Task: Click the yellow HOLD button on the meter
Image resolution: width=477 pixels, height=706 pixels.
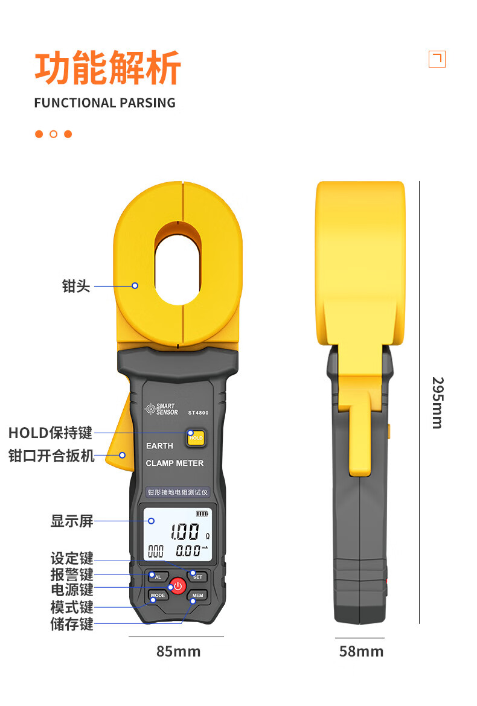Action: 196,437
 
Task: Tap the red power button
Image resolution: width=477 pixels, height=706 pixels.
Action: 178,586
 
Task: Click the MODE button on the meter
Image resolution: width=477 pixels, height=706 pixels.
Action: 158,596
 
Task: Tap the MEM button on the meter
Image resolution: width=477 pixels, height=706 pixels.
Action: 197,596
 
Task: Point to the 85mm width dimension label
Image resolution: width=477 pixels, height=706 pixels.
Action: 178,651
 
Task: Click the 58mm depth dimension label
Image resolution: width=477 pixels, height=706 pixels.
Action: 361,651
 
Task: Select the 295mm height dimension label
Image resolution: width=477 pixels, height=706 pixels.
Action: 438,402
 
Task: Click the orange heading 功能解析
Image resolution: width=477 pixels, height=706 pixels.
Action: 107,68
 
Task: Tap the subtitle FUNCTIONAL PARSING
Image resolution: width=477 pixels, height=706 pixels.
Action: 105,103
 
